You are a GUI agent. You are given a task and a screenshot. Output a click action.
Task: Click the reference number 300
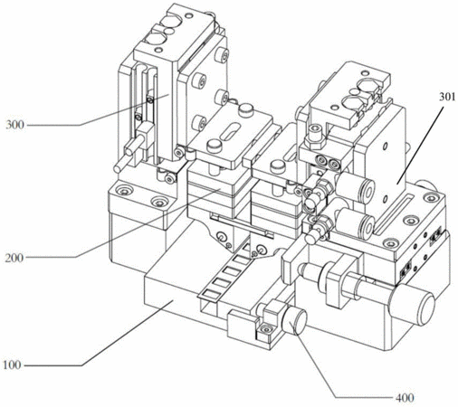click(14, 125)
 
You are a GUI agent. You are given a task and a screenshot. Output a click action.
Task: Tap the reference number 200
click(14, 258)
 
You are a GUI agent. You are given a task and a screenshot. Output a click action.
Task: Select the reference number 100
click(12, 365)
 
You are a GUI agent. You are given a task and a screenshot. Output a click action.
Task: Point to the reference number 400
click(405, 398)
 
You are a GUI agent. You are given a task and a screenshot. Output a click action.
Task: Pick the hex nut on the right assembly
click(315, 139)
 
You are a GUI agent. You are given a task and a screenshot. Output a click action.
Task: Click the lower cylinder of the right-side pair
click(356, 223)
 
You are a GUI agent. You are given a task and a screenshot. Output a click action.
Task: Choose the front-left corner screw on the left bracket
click(123, 191)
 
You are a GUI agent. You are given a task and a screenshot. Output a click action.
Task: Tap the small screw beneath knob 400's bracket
click(265, 329)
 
